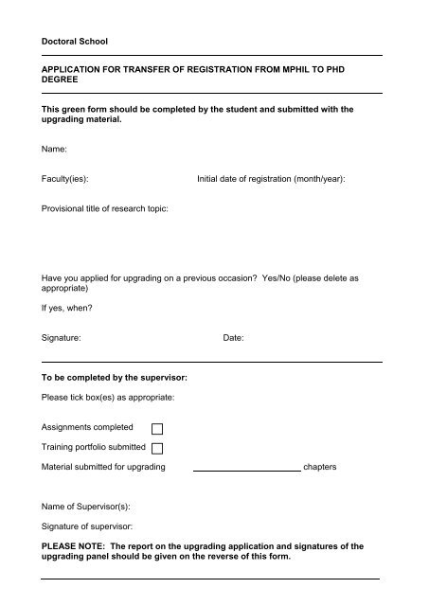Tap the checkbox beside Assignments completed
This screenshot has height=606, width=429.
point(158,429)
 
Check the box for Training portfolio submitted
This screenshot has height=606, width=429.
point(158,448)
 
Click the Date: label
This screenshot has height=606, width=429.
point(233,336)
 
